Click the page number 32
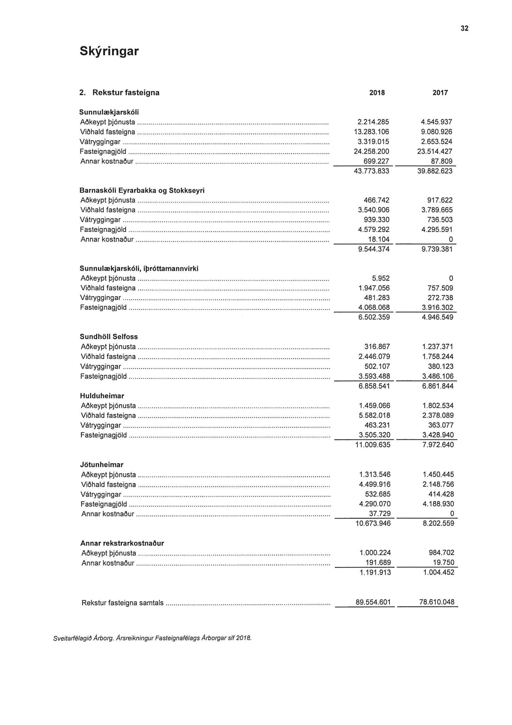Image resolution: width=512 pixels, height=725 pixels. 465,28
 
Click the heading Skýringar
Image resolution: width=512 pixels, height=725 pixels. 109,51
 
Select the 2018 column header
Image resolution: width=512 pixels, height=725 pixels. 377,93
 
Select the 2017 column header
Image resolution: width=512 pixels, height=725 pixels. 440,93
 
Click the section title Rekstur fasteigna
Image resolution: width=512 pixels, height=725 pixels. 126,93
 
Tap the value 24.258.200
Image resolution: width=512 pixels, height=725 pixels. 371,151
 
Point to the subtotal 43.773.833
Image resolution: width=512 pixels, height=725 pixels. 371,171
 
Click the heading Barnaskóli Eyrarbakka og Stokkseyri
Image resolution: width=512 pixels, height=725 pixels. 142,190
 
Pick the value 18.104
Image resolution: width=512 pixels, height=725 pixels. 379,239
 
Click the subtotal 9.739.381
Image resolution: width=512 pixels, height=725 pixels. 437,249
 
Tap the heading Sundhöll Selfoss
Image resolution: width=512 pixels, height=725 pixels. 109,337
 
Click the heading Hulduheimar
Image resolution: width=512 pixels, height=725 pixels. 102,396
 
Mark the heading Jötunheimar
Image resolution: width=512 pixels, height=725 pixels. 102,465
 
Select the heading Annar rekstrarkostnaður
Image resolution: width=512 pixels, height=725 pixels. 123,543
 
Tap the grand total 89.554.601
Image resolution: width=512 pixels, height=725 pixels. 373,602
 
